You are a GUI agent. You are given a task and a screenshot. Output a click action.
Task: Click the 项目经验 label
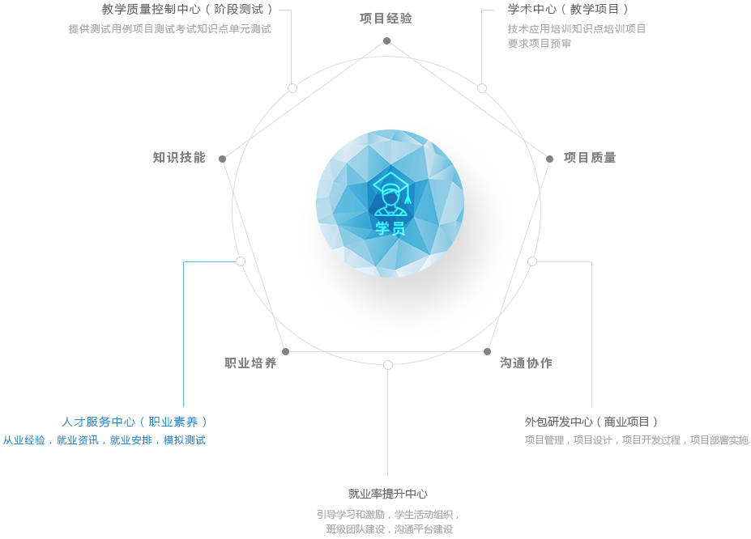click(x=386, y=18)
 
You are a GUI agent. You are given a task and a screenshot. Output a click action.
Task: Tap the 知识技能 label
click(x=179, y=157)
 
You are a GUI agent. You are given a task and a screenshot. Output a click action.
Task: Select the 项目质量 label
click(x=590, y=157)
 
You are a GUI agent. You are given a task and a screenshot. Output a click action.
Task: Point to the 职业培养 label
click(x=250, y=363)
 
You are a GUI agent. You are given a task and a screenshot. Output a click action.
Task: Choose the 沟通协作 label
click(x=526, y=363)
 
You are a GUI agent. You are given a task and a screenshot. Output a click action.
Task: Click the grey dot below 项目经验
click(x=386, y=41)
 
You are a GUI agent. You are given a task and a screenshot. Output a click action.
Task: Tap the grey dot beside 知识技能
click(x=222, y=159)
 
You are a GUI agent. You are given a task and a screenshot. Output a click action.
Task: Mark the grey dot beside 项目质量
click(x=549, y=159)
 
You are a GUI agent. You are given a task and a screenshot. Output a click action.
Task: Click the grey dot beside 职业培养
click(x=285, y=351)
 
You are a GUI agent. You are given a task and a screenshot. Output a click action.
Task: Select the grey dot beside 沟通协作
click(x=487, y=351)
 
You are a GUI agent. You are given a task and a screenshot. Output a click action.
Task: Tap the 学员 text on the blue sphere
click(x=390, y=228)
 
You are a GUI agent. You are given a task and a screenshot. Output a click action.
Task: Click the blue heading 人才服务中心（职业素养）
click(x=134, y=422)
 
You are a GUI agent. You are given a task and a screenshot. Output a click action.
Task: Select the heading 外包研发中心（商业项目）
click(x=592, y=422)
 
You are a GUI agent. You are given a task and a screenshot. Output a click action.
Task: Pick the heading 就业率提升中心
click(x=388, y=494)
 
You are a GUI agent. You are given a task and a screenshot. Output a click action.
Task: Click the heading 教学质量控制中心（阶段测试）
click(x=188, y=9)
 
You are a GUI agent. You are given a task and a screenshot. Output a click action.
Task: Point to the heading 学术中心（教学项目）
click(x=569, y=9)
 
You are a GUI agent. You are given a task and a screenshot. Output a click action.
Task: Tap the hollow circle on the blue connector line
click(x=241, y=261)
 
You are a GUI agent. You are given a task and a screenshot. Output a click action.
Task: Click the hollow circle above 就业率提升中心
click(x=388, y=365)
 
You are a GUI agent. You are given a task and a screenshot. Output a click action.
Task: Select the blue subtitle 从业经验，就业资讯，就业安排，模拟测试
click(x=105, y=440)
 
